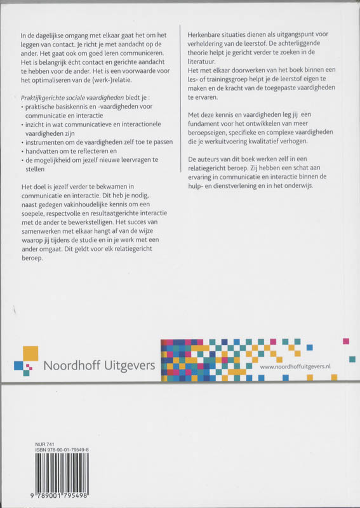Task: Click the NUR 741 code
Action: click(x=30, y=445)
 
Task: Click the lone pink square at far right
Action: click(x=345, y=341)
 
